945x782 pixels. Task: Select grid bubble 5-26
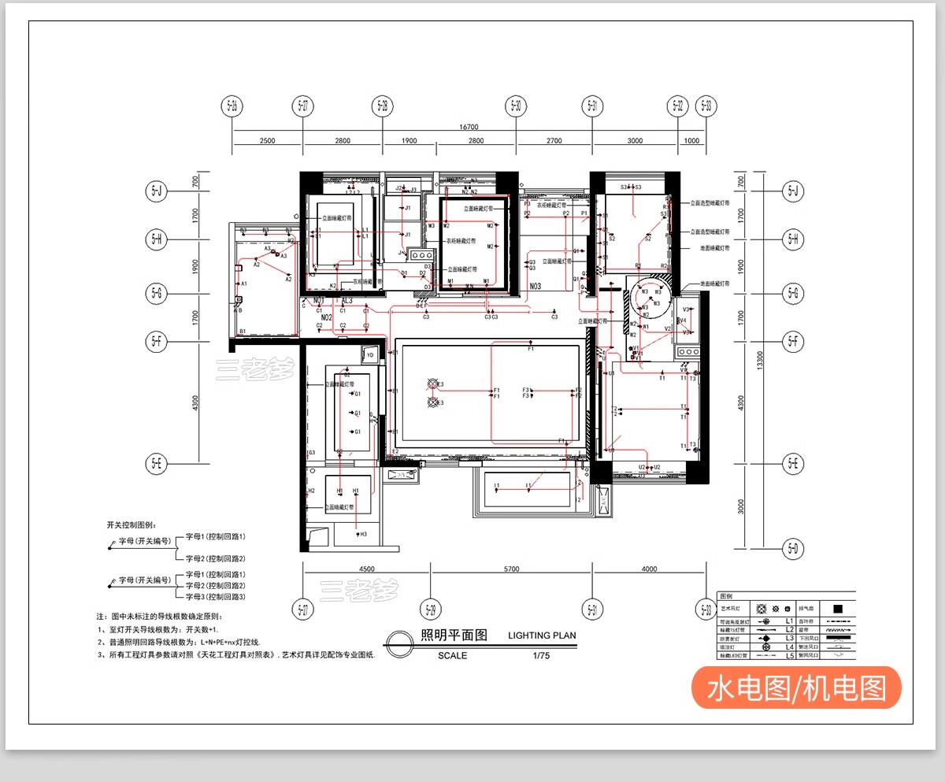pos(232,106)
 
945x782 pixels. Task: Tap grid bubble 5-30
pos(516,106)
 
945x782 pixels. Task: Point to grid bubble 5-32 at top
pos(678,106)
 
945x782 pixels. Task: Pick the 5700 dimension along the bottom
pos(511,569)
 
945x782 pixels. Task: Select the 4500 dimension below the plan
pos(366,569)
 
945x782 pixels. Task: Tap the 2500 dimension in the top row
pos(267,141)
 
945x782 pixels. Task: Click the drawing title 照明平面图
pos(454,636)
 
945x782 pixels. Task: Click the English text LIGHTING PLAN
pos(542,636)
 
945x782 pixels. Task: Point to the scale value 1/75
pos(540,655)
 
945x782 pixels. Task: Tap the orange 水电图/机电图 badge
pos(796,687)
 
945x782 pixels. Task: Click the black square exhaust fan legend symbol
pos(838,609)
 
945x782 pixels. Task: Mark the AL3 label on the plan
pos(346,301)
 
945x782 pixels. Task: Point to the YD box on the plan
pos(370,354)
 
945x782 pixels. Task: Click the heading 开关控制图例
pos(132,524)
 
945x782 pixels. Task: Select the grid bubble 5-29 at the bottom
pos(430,609)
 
